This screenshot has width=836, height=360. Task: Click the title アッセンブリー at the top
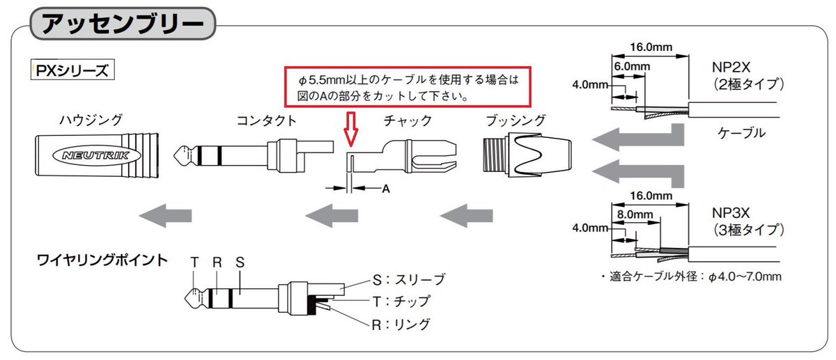click(123, 23)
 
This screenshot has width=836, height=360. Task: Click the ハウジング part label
click(91, 120)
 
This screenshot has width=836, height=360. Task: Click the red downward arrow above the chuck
click(351, 130)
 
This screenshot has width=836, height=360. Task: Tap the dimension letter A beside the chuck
click(385, 189)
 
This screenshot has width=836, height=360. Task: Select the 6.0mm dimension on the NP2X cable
click(631, 66)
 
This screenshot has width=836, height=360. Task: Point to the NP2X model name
click(730, 68)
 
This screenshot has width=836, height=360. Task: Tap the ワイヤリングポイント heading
click(102, 261)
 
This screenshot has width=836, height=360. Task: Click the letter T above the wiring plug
click(195, 263)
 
